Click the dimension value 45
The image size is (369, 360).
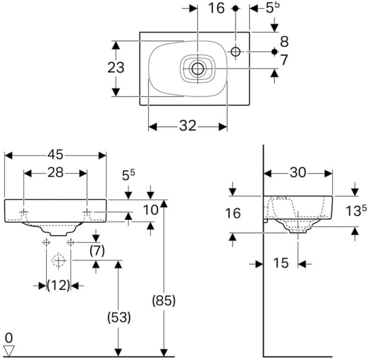point(56,154)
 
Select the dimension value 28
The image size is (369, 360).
point(56,174)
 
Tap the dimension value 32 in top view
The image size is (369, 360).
point(188,126)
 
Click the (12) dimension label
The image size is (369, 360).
point(58,285)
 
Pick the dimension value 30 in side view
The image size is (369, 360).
point(298,174)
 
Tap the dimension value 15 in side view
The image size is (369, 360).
point(281,264)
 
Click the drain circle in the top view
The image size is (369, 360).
point(197,68)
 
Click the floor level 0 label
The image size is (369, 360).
point(8,338)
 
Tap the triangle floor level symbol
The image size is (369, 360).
point(9,350)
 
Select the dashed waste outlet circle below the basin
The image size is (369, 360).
point(58,262)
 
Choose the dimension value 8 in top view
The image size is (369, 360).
point(284,41)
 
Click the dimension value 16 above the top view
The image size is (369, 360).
point(216,8)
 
